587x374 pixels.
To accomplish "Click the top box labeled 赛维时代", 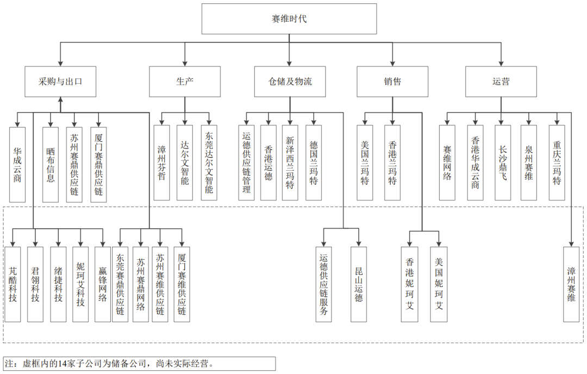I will (x=289, y=19).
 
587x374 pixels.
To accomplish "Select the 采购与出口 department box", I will (x=60, y=82).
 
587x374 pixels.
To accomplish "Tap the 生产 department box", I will (x=185, y=82).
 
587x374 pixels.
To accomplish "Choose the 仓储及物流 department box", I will (x=290, y=82).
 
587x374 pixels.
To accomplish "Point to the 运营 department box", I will (x=501, y=82).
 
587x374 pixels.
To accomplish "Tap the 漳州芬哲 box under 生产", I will (x=161, y=163).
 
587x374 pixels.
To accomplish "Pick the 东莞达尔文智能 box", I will (x=209, y=163).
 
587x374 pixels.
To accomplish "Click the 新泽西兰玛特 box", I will (x=290, y=163).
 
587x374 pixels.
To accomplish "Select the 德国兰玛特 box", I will (x=314, y=163).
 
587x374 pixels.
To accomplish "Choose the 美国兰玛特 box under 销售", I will (x=365, y=163).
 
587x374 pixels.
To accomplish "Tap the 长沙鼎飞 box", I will (x=503, y=163).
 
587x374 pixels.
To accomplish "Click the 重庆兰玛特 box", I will (x=557, y=163).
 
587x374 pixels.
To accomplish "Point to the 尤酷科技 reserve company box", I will (x=13, y=284).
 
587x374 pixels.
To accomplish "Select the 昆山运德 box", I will (x=359, y=284).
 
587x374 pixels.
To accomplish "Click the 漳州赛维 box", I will (x=571, y=284).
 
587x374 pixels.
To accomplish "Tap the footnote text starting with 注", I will (x=109, y=363).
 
